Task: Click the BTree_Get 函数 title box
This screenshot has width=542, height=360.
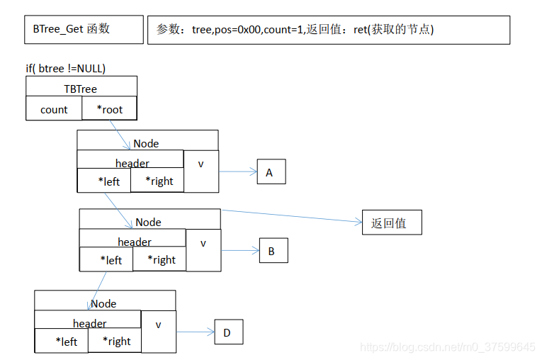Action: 84,30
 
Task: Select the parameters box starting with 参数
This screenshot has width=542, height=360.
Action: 328,30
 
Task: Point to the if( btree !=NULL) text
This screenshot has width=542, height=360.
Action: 66,69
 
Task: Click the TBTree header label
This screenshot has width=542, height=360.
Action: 81,89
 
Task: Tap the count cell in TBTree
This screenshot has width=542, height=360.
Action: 54,109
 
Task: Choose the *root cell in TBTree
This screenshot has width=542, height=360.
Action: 109,109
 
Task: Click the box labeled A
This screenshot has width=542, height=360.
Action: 271,171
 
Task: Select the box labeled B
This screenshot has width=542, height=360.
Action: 273,250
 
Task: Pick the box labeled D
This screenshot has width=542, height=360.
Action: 228,332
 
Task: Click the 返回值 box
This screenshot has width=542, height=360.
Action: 391,223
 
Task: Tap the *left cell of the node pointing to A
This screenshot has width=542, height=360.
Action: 103,181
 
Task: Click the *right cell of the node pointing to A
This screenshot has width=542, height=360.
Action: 157,181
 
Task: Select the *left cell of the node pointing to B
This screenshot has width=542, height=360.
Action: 106,259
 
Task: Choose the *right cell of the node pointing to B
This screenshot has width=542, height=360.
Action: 159,259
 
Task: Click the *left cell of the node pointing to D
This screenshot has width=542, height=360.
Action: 61,341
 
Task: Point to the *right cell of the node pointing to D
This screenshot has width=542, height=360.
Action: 114,341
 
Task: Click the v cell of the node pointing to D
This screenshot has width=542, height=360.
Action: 158,325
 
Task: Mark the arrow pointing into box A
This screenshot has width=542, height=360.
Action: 237,171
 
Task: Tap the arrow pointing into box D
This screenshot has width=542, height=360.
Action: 195,332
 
